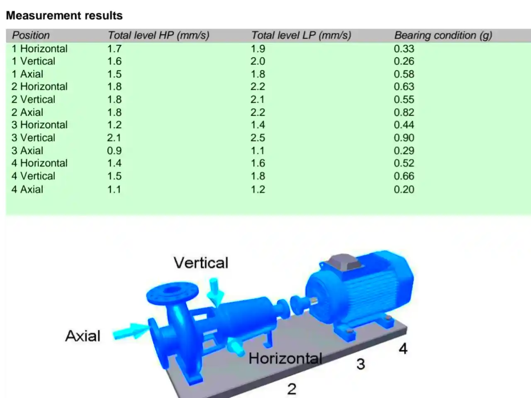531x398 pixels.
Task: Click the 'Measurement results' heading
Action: pos(64,16)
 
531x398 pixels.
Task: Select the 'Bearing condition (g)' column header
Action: pos(443,36)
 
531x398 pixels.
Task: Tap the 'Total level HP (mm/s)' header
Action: pos(158,36)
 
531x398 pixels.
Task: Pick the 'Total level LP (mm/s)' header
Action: pos(301,36)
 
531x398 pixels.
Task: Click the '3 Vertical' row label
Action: pos(33,138)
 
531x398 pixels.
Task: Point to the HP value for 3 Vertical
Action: pos(114,138)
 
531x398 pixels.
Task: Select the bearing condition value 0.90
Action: pos(404,138)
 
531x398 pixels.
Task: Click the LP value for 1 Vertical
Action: pos(258,61)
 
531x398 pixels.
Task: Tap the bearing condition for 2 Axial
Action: pos(404,112)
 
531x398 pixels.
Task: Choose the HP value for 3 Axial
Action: pos(114,151)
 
